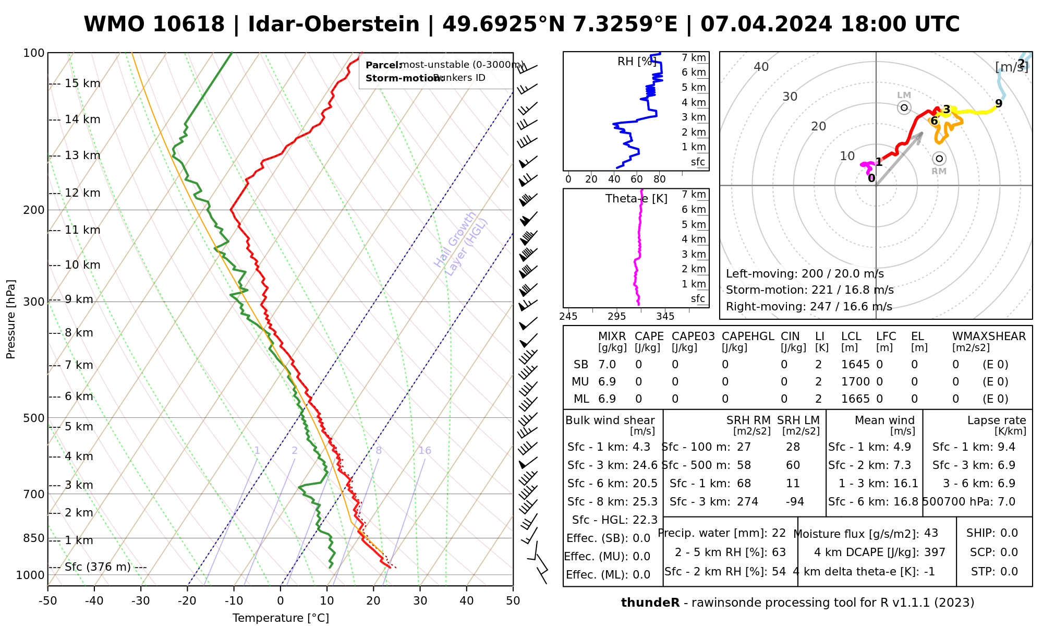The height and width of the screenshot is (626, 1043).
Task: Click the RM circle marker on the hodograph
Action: click(x=939, y=159)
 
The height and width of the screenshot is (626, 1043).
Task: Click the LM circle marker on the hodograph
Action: click(x=904, y=107)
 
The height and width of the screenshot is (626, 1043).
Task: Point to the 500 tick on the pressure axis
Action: click(x=34, y=418)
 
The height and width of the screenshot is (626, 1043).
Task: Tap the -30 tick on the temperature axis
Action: click(x=141, y=601)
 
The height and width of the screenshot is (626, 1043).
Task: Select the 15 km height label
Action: click(x=82, y=83)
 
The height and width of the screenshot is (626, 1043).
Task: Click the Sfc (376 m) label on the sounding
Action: click(x=98, y=567)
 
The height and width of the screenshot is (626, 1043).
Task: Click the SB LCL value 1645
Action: click(x=855, y=365)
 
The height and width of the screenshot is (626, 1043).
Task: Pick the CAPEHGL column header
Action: click(x=748, y=336)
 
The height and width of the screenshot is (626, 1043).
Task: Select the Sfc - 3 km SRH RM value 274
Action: click(x=747, y=502)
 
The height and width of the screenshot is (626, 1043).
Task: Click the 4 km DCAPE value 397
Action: click(x=935, y=552)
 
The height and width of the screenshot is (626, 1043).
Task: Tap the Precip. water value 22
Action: click(x=779, y=533)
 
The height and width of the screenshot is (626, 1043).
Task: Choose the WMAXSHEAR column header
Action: click(x=989, y=336)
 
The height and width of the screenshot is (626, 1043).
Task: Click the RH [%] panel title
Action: click(x=637, y=62)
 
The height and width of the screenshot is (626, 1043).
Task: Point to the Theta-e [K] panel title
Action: click(x=636, y=199)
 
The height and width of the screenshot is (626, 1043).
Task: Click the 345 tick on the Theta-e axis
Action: click(x=665, y=317)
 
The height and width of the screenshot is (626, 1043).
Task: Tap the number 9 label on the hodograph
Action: click(x=999, y=103)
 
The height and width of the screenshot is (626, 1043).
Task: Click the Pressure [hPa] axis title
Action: click(x=11, y=319)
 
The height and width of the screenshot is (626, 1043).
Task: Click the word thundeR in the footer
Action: click(x=650, y=603)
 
